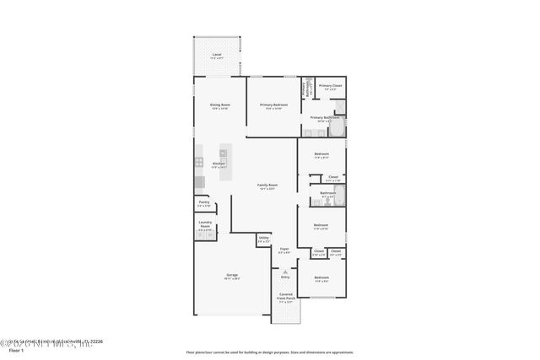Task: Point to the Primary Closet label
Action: [331, 85]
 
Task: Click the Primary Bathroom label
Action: [325, 117]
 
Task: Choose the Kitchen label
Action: [219, 164]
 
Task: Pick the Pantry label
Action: [204, 202]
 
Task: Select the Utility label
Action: [263, 239]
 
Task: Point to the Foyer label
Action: [284, 249]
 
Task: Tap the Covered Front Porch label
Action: [286, 296]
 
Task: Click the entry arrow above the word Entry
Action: [284, 270]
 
